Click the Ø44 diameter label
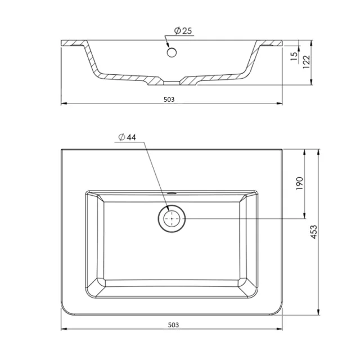point(128,137)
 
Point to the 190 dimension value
point(299,183)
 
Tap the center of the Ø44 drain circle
point(172,218)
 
